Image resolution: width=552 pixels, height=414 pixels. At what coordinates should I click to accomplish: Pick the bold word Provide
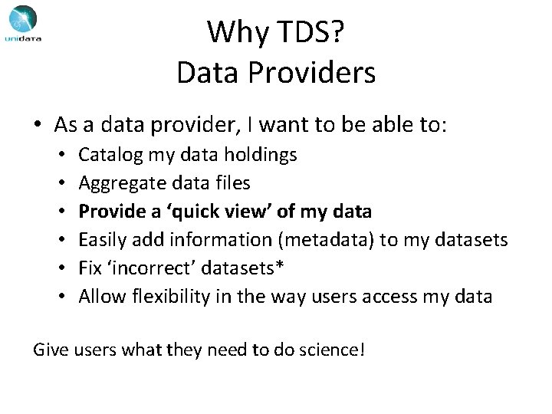click(x=109, y=212)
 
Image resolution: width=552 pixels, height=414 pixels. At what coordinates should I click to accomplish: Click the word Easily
click(x=103, y=239)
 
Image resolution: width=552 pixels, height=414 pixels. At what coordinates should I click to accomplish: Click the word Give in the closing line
click(x=50, y=351)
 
